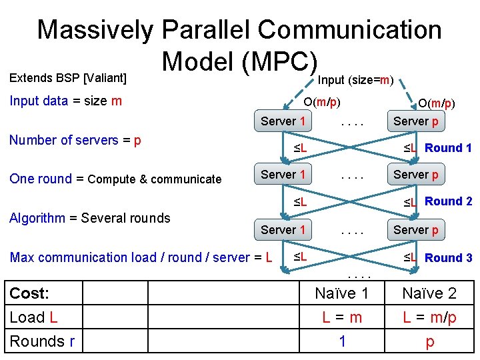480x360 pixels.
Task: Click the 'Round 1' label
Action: tap(448, 148)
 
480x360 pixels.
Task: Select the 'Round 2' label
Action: tap(448, 201)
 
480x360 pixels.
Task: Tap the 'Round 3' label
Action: tap(448, 258)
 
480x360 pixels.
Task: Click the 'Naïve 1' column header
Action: tap(341, 293)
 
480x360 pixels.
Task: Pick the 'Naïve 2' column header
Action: tap(429, 293)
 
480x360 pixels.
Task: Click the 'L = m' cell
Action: tap(341, 317)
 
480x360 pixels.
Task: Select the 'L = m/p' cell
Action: tap(429, 317)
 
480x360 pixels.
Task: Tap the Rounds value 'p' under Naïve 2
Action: tap(429, 341)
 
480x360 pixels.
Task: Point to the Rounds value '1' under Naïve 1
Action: tap(341, 341)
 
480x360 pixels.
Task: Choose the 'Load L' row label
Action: tap(33, 317)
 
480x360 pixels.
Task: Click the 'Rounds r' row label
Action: tap(41, 341)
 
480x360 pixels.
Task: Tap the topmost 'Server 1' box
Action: tap(283, 121)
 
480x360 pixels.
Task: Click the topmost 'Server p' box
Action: tap(416, 121)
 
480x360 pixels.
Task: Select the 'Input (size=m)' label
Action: tap(355, 80)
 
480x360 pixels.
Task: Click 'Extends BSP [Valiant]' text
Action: tap(67, 78)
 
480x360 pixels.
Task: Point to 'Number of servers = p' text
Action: tap(75, 141)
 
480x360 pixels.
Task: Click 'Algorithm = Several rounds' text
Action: tap(90, 217)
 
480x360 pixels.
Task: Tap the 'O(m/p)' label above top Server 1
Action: tap(322, 102)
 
